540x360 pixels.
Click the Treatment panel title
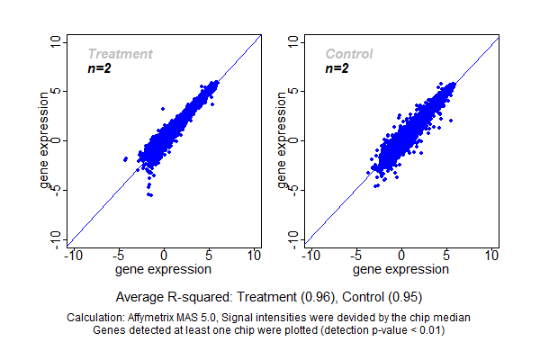(120, 54)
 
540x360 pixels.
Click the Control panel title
(349, 54)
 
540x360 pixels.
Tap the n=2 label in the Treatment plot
(99, 68)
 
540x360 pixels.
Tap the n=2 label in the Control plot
(337, 68)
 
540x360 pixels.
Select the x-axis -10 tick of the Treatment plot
(73, 256)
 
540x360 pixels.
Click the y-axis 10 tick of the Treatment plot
(57, 41)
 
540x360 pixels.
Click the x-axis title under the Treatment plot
(164, 269)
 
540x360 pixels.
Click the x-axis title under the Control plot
(401, 269)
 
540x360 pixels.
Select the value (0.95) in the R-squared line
(405, 296)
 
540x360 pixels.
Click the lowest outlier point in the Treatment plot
(150, 194)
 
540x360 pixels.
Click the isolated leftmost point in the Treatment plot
(125, 158)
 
